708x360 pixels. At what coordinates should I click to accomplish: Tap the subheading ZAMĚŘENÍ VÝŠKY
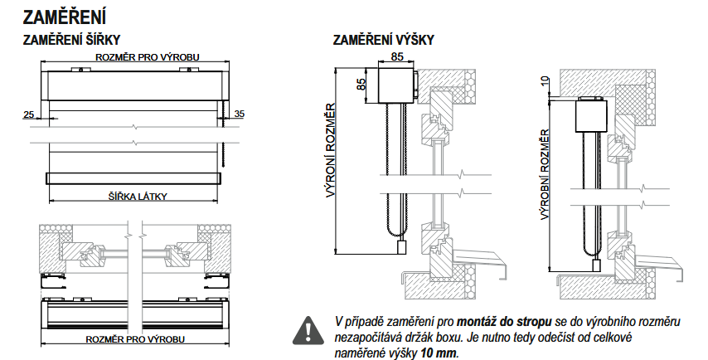[x=383, y=40]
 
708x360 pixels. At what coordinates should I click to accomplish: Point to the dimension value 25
[x=30, y=113]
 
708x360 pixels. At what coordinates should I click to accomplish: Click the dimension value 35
[x=240, y=113]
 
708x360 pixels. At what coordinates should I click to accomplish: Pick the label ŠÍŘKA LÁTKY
[x=138, y=196]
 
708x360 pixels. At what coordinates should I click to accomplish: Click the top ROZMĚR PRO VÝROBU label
[x=137, y=56]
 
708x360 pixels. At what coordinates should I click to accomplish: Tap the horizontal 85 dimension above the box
[x=396, y=57]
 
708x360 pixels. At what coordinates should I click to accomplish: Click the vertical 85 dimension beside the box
[x=361, y=84]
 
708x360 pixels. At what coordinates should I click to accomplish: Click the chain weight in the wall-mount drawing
[x=400, y=247]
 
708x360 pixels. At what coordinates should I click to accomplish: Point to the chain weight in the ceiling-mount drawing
[x=598, y=265]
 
